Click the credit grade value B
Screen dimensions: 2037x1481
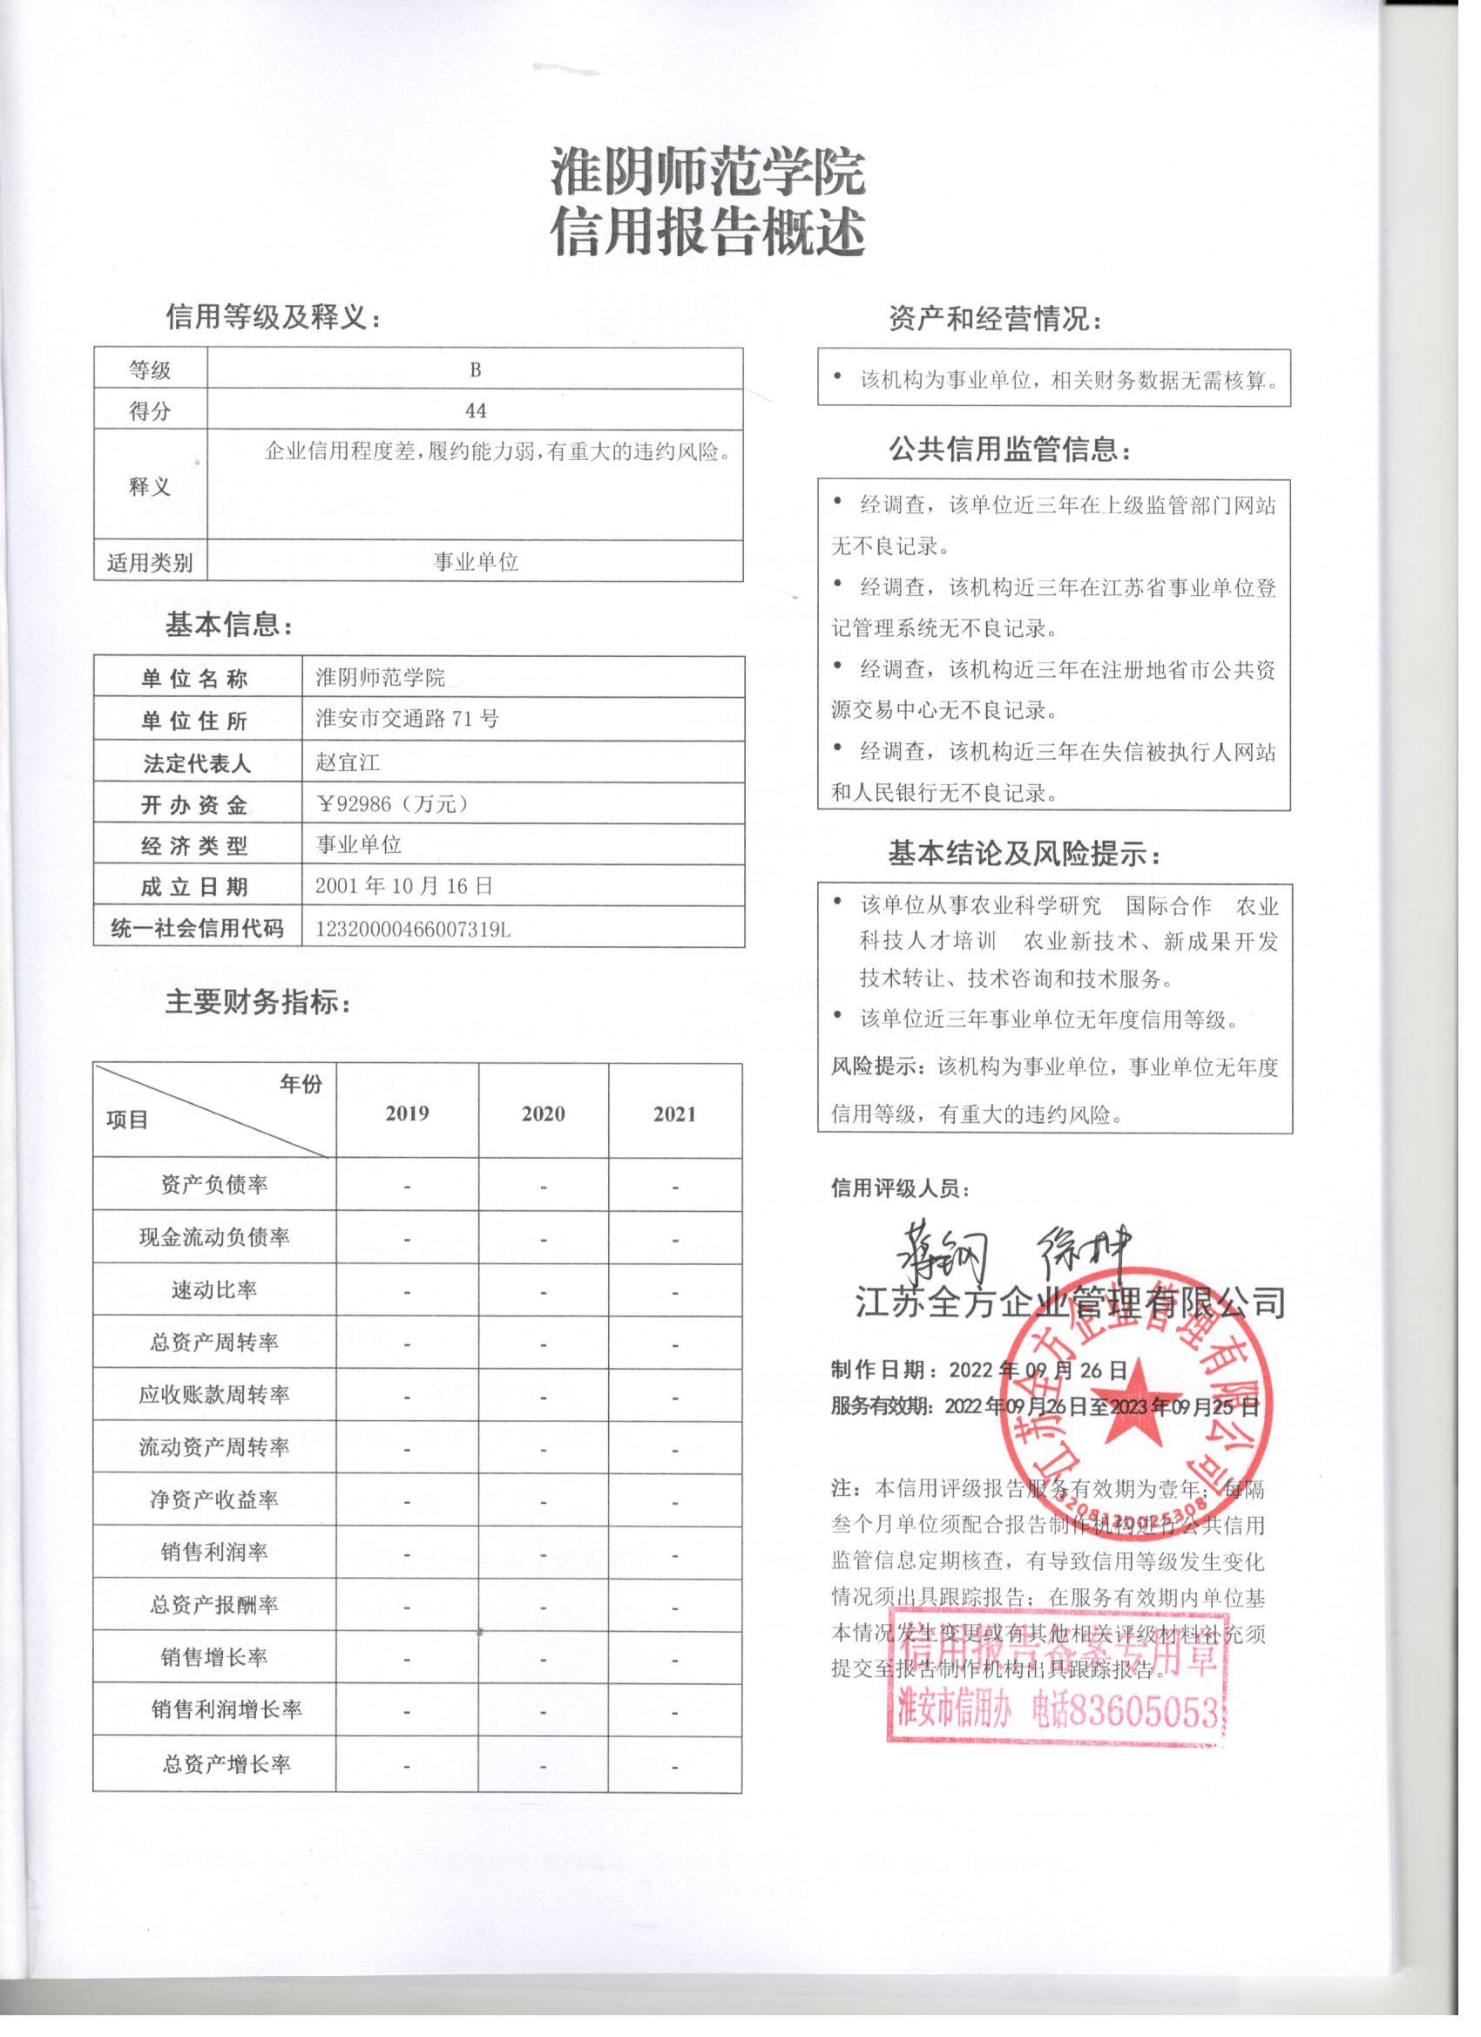point(475,369)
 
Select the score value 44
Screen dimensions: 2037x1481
point(475,410)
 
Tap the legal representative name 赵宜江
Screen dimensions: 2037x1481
point(348,762)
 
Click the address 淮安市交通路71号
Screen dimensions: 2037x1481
point(407,719)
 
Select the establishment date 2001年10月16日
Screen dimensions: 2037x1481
point(404,886)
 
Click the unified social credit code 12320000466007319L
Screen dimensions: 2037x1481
point(413,930)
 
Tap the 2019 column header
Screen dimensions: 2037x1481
point(407,1113)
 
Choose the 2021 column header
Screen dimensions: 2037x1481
point(674,1113)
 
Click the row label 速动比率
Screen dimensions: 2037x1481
point(213,1289)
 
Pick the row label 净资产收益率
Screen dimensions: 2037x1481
point(213,1500)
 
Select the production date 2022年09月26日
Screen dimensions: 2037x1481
point(1038,1370)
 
